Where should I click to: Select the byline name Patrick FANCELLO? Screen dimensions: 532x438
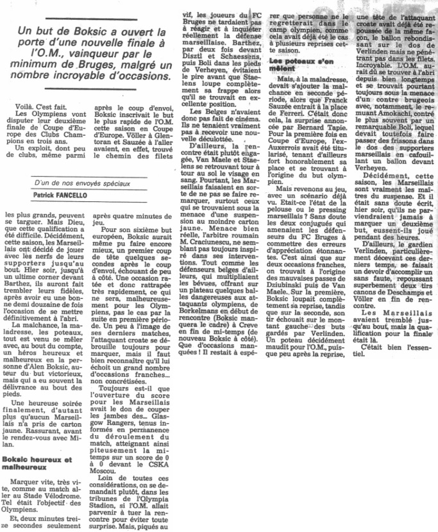click(60, 195)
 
